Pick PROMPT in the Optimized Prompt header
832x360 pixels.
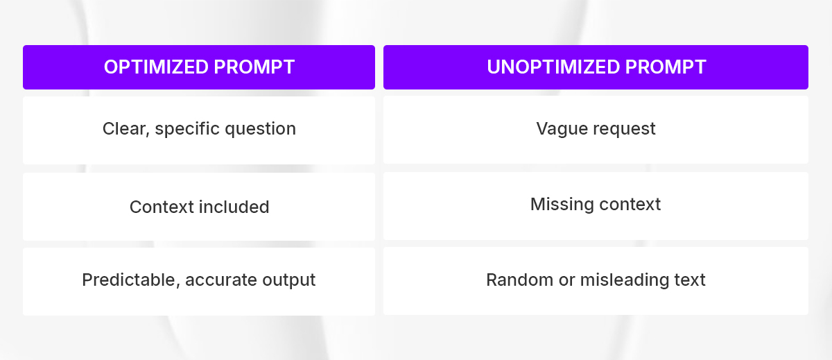click(254, 67)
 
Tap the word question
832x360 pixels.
click(263, 129)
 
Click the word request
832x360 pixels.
click(623, 129)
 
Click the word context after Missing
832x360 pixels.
click(630, 204)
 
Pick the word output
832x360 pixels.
click(287, 280)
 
